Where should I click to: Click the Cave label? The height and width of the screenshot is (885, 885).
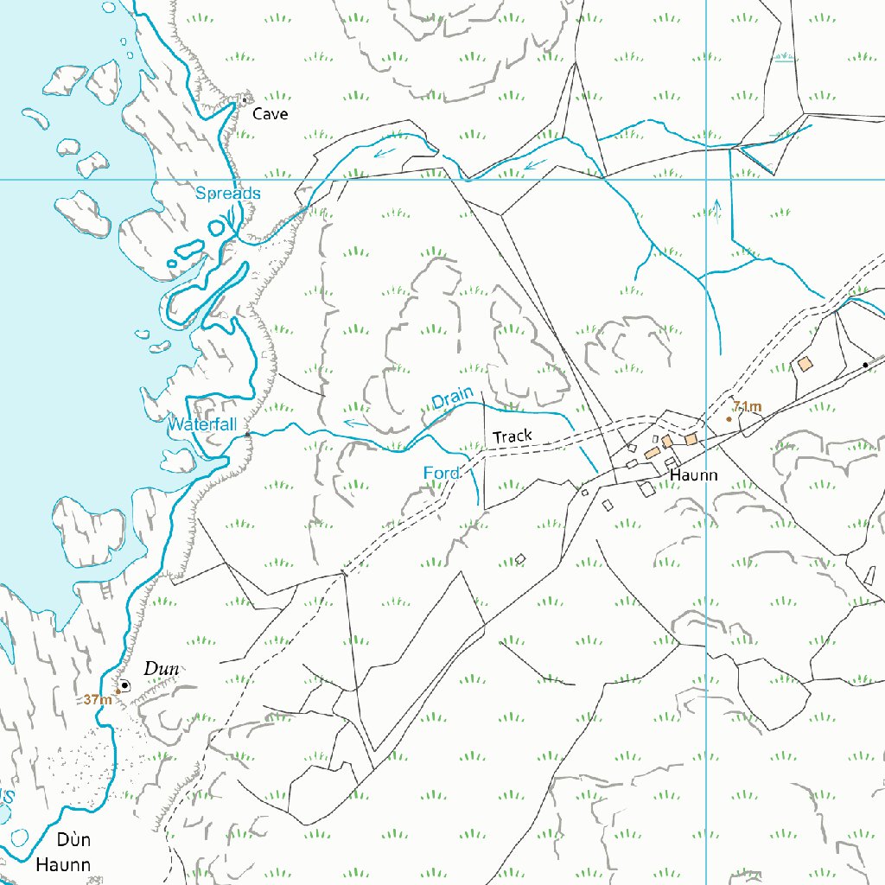tap(271, 114)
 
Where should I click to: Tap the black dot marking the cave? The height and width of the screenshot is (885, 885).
tap(245, 99)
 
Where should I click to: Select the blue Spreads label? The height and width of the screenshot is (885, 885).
tap(227, 193)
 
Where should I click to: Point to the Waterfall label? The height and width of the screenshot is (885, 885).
tap(201, 424)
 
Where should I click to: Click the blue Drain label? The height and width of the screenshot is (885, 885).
tap(453, 399)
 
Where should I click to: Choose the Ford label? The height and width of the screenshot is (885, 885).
tap(441, 473)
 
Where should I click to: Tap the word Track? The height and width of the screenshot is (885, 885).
tap(513, 436)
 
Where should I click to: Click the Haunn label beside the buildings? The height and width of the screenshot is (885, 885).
tap(694, 475)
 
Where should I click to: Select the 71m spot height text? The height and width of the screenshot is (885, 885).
tap(747, 406)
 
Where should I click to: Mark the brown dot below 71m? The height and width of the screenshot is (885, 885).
tap(729, 419)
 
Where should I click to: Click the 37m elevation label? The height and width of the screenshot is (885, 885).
tap(98, 699)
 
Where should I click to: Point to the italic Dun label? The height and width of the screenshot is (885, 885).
tap(161, 668)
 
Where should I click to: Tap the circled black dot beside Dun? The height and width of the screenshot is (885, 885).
tap(124, 685)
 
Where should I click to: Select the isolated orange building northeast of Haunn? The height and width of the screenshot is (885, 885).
tap(805, 364)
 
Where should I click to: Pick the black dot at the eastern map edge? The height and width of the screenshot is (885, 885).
tap(865, 366)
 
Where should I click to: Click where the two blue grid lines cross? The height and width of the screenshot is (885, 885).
tap(707, 180)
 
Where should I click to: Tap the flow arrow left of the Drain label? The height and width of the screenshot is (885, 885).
tap(353, 423)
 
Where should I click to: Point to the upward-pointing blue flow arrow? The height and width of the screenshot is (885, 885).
tap(716, 210)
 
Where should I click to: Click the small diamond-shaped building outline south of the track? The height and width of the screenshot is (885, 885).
tap(520, 559)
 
